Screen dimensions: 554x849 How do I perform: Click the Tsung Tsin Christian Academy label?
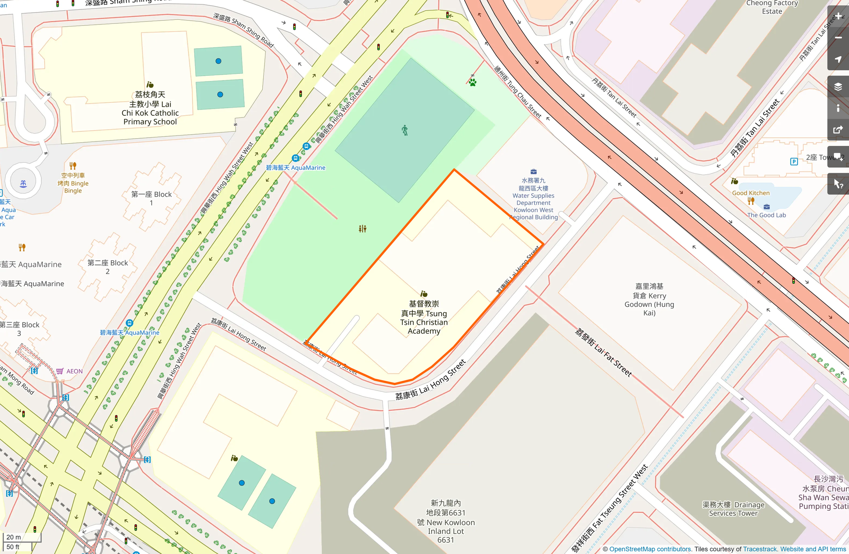click(424, 318)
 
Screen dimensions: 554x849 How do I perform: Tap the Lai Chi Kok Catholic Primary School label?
click(150, 108)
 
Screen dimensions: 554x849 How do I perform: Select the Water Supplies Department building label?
click(534, 199)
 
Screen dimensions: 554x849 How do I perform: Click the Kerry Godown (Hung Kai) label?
click(649, 300)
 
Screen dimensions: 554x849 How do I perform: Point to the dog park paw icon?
click(472, 82)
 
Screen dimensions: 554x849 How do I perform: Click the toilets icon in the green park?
click(362, 229)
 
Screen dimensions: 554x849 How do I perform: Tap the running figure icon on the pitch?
click(405, 131)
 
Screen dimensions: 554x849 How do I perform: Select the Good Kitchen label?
click(751, 193)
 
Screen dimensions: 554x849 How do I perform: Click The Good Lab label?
click(766, 215)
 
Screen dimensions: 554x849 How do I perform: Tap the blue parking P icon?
click(794, 161)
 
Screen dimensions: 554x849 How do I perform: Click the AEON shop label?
click(74, 371)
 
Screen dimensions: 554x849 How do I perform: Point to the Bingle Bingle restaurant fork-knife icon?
click(73, 166)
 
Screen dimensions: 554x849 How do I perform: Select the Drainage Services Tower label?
click(733, 509)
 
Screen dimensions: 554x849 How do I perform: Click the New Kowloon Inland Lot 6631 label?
click(446, 522)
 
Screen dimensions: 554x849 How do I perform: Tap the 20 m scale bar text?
click(14, 537)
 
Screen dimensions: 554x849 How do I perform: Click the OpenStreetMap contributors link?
click(650, 549)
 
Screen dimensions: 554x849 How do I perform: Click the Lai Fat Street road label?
click(603, 353)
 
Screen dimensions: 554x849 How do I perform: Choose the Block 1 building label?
click(151, 198)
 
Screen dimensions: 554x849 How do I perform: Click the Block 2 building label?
click(108, 267)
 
